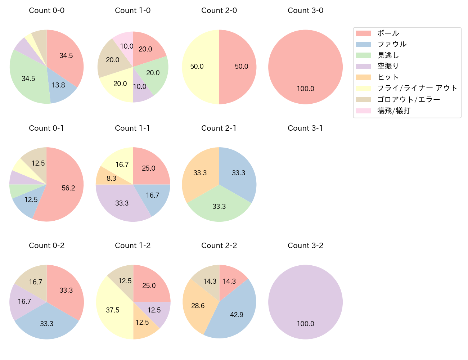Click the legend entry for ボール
coord(388,33)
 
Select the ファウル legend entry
coord(392,44)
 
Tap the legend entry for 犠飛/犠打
coord(393,111)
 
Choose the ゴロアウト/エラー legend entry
coord(408,99)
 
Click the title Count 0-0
coord(47,10)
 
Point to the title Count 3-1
coord(305,128)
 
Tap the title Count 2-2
coord(219,246)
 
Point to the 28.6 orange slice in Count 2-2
coord(198,305)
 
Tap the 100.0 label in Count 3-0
coord(305,89)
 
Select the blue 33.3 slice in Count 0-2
coord(47,323)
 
